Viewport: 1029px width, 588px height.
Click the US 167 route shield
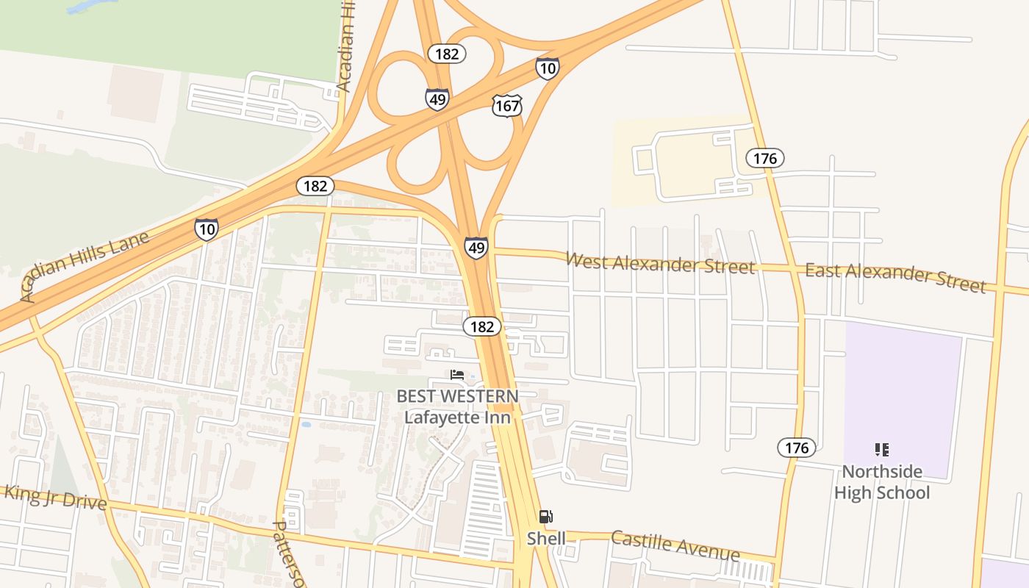tap(507, 106)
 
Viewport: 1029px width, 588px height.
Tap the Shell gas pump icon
tap(545, 517)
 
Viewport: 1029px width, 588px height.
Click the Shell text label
tap(546, 539)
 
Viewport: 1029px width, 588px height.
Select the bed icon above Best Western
tap(457, 375)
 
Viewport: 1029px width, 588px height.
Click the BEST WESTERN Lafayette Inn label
tap(457, 406)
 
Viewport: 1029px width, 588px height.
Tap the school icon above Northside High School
tap(882, 449)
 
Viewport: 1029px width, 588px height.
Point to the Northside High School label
tap(882, 482)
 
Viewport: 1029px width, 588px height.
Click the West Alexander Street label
tap(660, 262)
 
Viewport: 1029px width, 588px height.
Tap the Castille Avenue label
tap(675, 545)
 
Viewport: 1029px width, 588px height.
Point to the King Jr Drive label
tap(55, 498)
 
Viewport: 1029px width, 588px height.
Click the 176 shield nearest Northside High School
tap(796, 448)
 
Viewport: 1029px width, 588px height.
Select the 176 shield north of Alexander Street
tap(765, 158)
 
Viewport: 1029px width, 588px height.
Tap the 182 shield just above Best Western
tap(482, 326)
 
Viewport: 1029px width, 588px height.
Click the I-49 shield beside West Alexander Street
tap(476, 248)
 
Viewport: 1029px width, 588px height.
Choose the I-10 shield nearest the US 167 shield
tap(547, 68)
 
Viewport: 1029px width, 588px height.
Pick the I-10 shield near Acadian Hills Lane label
tap(207, 229)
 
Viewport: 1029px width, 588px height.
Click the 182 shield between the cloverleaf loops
tap(447, 54)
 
